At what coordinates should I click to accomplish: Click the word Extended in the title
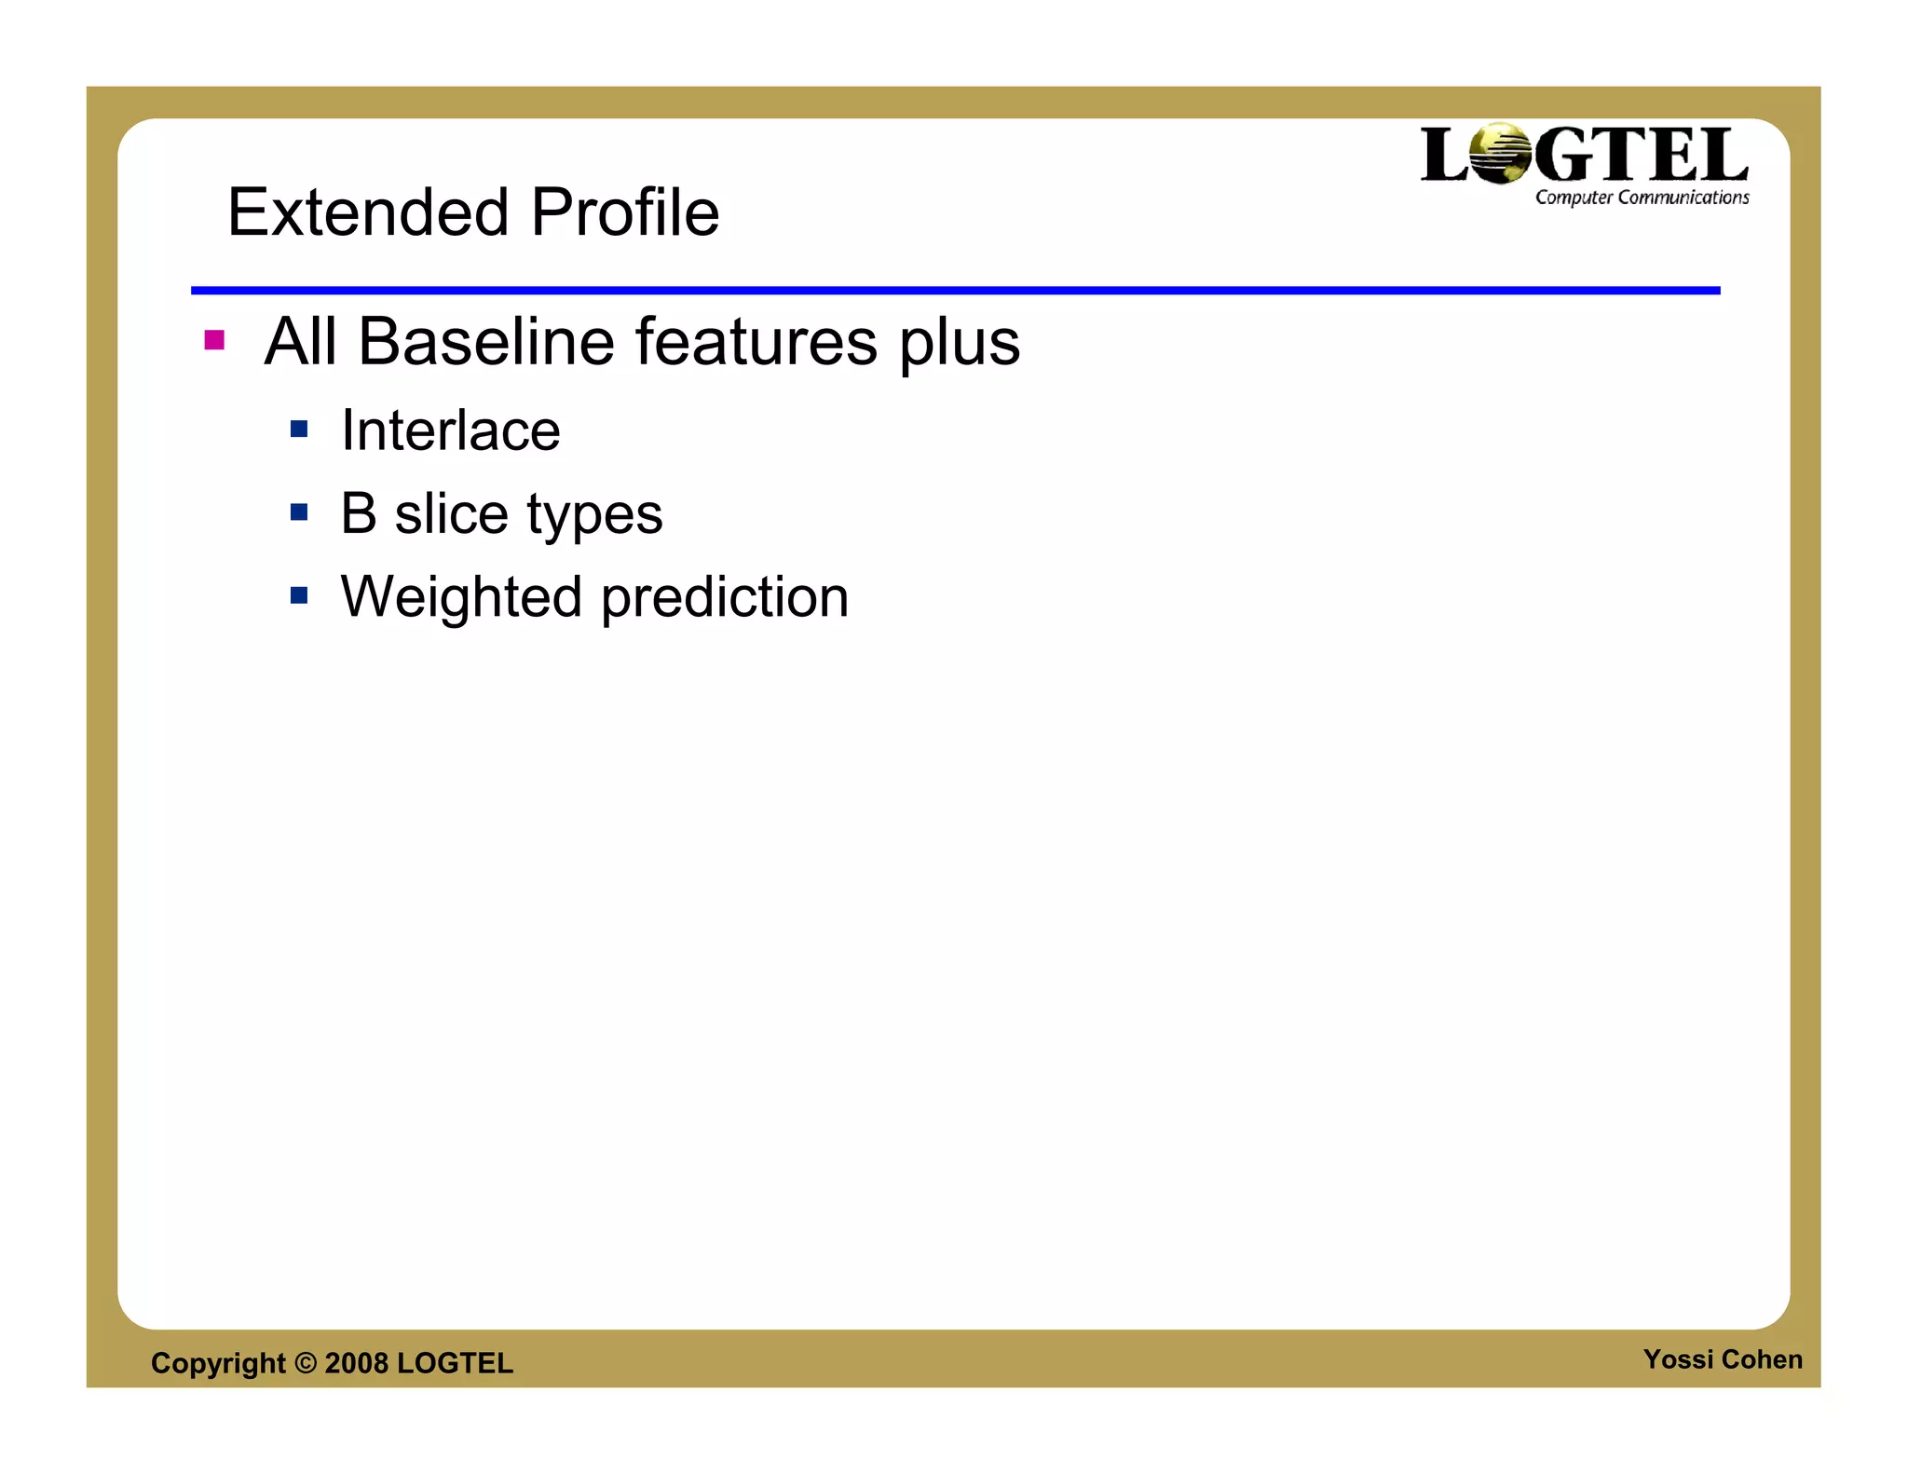(368, 212)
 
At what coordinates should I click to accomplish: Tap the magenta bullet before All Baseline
(214, 340)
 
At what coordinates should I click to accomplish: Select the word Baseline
(485, 342)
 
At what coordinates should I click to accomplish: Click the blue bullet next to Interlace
(299, 429)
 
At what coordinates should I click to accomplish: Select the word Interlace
(451, 430)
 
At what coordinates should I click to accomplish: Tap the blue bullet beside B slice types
(299, 512)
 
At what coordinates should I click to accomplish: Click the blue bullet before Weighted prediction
(299, 594)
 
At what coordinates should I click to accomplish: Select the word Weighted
(461, 597)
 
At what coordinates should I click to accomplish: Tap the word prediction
(725, 597)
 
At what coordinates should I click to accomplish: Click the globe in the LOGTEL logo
(1500, 155)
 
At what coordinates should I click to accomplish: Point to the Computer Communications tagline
(1642, 198)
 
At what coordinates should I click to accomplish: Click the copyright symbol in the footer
(306, 1363)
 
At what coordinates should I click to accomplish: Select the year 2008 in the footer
(356, 1363)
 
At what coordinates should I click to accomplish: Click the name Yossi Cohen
(1722, 1359)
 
